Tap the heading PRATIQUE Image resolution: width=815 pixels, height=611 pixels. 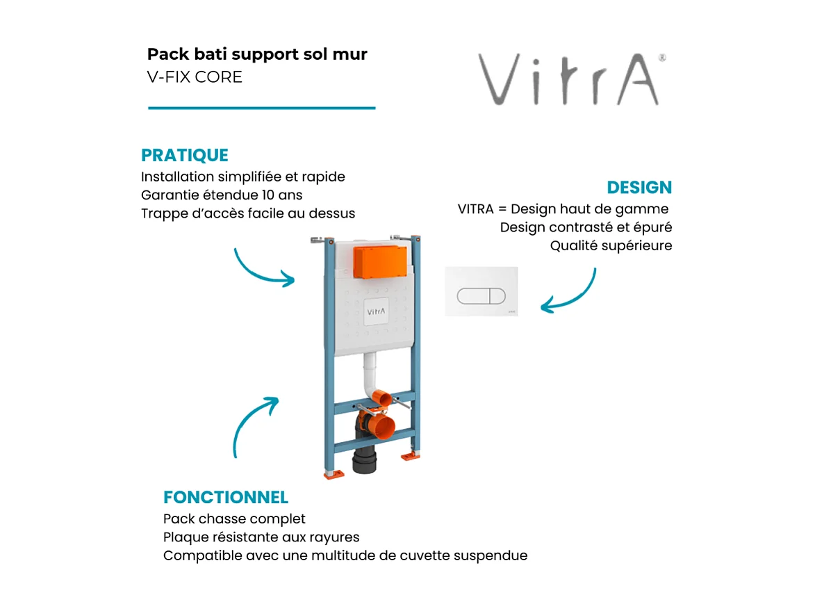pyautogui.click(x=184, y=155)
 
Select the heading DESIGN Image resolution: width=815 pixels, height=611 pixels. pyautogui.click(x=639, y=188)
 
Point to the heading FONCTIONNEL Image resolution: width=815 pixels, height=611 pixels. pyautogui.click(x=225, y=498)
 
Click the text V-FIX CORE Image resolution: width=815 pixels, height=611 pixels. pyautogui.click(x=195, y=77)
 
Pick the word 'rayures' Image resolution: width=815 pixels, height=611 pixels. pyautogui.click(x=336, y=537)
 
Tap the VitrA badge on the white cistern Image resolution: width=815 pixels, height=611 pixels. pyautogui.click(x=375, y=312)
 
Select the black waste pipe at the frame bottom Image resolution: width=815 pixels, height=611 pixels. pyautogui.click(x=365, y=462)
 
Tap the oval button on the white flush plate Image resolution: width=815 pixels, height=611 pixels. pyautogui.click(x=481, y=295)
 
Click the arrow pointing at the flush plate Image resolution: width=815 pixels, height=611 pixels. pyautogui.click(x=570, y=292)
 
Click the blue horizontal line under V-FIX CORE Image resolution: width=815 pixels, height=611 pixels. pyautogui.click(x=261, y=108)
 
